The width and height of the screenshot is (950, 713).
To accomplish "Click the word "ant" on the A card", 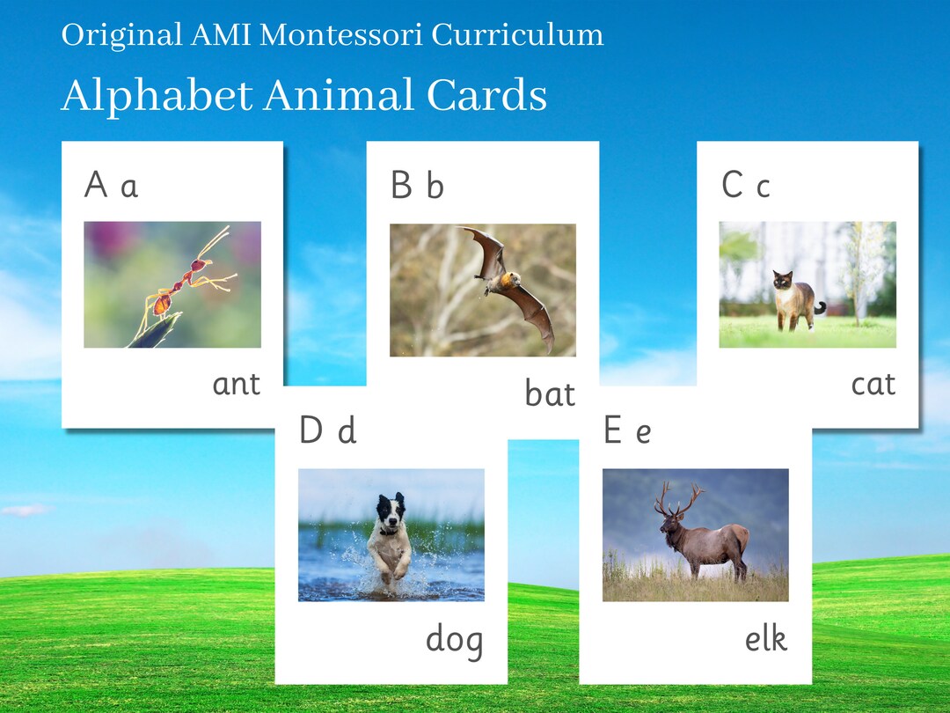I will pos(237,385).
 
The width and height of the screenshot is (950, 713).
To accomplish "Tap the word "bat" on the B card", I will pos(550,394).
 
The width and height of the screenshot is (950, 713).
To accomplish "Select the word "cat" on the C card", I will pos(873,385).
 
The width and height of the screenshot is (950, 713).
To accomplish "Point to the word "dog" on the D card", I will pos(454,640).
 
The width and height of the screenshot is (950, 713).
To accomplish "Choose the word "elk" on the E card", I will pos(765,639).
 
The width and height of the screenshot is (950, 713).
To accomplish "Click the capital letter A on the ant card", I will pos(96,186).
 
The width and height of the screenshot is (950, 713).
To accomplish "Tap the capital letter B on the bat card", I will pos(401,186).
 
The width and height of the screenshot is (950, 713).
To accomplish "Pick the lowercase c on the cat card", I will pos(763,187).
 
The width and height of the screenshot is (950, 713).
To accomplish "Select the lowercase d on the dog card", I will pos(347,431).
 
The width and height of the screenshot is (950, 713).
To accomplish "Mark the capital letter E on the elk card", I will pos(613,431).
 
